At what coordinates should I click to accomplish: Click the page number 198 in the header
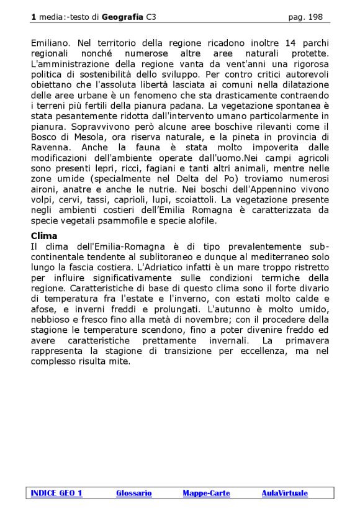pyautogui.click(x=315, y=17)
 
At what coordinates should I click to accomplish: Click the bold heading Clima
pyautogui.click(x=44, y=236)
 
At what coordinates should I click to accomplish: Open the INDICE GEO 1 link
pyautogui.click(x=56, y=493)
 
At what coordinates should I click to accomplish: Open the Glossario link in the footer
pyautogui.click(x=133, y=493)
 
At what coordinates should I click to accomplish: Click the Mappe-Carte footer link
pyautogui.click(x=206, y=493)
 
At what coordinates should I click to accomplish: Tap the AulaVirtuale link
pyautogui.click(x=284, y=493)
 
